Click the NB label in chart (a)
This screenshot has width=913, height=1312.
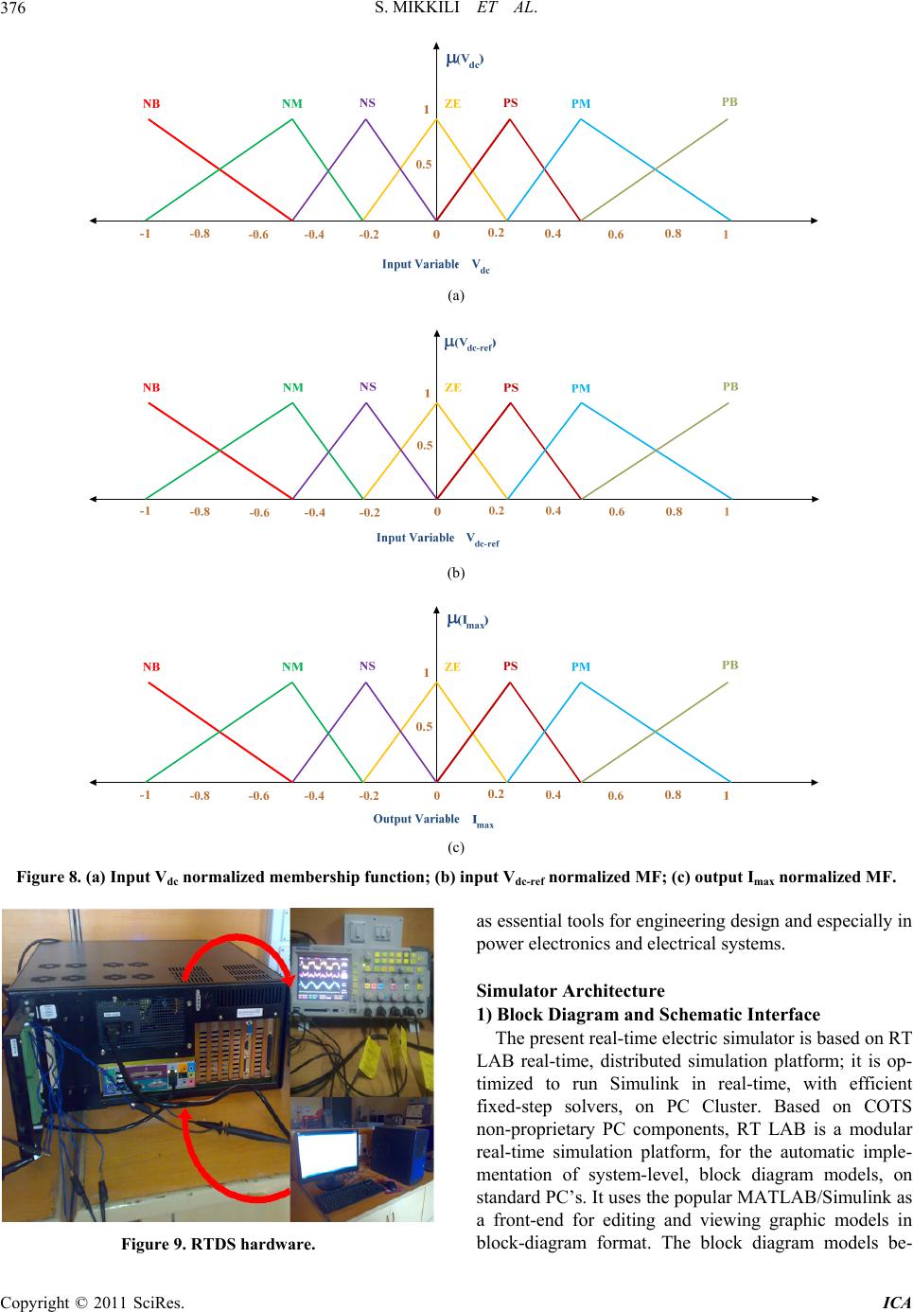[x=151, y=104]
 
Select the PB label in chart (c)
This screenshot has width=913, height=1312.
[x=729, y=665]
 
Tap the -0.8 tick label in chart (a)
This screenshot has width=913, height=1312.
[x=200, y=234]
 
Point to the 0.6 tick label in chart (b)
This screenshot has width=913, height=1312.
[x=616, y=512]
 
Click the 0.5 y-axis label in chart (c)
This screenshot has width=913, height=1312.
[x=424, y=727]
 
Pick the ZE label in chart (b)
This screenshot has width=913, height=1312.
[x=453, y=388]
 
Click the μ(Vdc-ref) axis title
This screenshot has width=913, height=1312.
[x=470, y=345]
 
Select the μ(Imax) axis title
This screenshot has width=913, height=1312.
[x=467, y=621]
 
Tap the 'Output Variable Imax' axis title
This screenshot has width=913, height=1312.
[x=433, y=820]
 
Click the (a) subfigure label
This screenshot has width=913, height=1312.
[x=456, y=295]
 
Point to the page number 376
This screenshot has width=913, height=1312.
[x=13, y=9]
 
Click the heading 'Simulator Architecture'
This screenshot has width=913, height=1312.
[x=571, y=990]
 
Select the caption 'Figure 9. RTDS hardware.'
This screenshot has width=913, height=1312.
[x=219, y=1244]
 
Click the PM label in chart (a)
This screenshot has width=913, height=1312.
[x=581, y=104]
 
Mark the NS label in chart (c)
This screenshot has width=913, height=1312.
[x=367, y=666]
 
